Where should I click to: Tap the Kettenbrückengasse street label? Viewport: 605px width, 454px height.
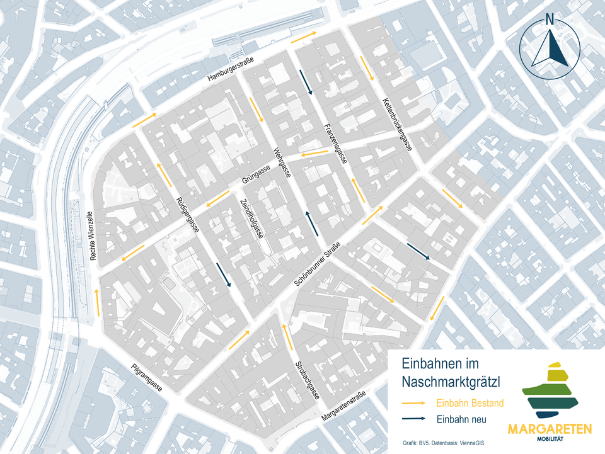tap(397, 125)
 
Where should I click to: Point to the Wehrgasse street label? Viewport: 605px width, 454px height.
tap(281, 162)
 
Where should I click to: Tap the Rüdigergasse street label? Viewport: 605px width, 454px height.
tap(187, 215)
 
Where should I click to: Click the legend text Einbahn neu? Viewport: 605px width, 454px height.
tap(461, 419)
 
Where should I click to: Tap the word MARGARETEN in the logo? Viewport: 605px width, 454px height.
tap(550, 429)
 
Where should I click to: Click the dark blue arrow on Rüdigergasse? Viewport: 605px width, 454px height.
tap(222, 275)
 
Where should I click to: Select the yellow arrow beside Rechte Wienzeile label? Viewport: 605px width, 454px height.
tap(97, 302)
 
